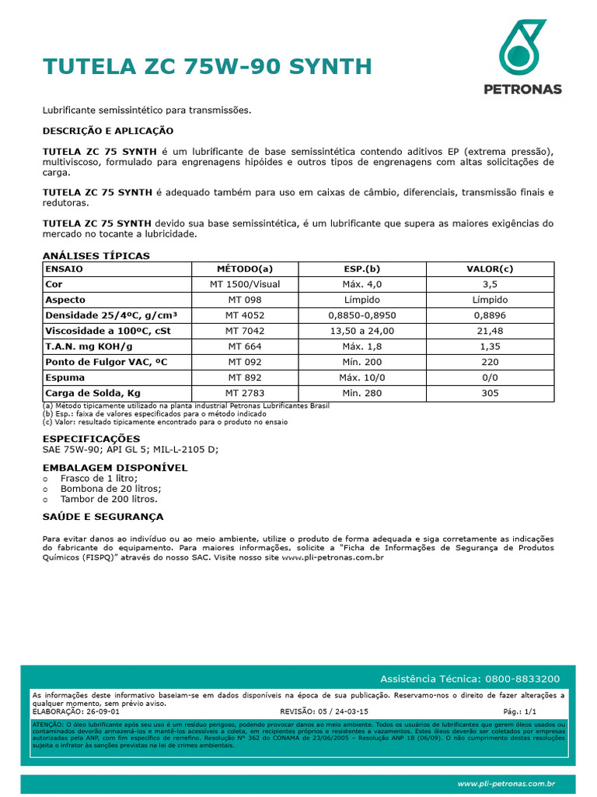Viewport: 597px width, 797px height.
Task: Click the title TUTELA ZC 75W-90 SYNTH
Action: point(208,66)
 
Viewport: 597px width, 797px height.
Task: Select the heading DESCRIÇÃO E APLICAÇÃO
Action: point(107,130)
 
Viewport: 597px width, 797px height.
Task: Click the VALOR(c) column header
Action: point(490,269)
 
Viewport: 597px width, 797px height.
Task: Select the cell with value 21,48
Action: point(490,331)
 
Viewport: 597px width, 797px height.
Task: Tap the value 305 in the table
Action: point(490,393)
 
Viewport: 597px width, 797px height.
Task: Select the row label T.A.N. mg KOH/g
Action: point(89,346)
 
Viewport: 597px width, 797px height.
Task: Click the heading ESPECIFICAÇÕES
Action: point(91,439)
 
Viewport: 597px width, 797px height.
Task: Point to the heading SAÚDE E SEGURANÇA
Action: point(103,517)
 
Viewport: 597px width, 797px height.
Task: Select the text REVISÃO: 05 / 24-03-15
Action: point(323,711)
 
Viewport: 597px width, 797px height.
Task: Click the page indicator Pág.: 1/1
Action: point(519,711)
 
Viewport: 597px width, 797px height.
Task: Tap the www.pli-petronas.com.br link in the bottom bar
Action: point(505,784)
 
